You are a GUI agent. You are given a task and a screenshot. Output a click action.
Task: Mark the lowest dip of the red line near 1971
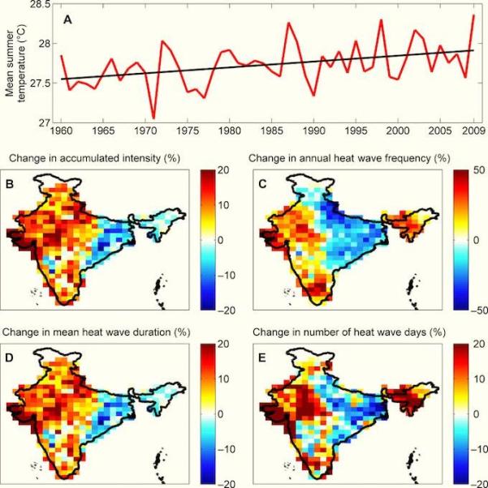(x=153, y=118)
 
